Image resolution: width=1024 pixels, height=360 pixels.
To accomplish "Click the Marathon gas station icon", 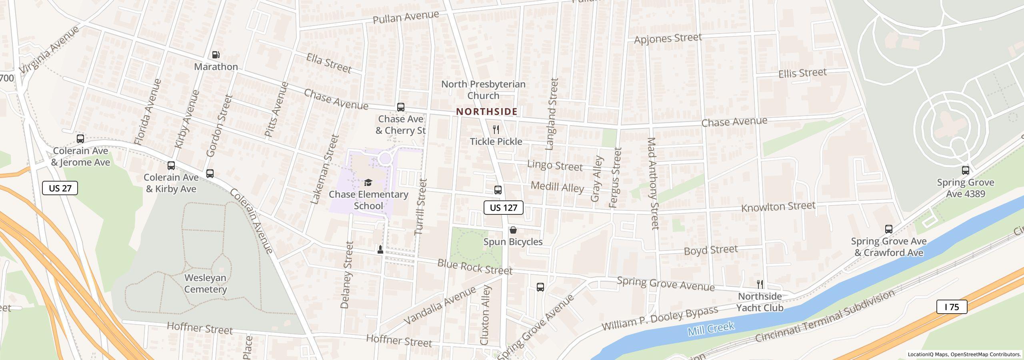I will click(216, 55).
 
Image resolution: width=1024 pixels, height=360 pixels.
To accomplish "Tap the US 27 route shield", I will click(60, 188).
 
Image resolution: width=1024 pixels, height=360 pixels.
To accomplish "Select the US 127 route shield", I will click(503, 208).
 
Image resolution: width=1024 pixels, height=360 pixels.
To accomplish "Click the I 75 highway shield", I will click(952, 307).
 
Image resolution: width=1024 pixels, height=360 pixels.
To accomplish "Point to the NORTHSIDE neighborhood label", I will click(487, 112).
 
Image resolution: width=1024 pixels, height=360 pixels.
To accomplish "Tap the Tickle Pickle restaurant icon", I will click(496, 130).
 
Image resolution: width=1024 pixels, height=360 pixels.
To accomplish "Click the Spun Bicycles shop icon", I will click(513, 230).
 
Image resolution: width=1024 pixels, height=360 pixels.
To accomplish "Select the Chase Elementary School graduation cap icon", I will click(368, 183).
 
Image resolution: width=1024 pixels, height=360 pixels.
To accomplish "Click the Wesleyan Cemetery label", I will click(206, 283).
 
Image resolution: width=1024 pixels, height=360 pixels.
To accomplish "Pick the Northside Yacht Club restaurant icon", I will click(760, 284).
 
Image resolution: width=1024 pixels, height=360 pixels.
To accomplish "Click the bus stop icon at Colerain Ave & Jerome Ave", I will click(80, 139).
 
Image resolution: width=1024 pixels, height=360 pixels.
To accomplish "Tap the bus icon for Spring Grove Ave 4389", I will click(965, 170).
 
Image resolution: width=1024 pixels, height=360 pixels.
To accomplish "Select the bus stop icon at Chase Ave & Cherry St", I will click(400, 107).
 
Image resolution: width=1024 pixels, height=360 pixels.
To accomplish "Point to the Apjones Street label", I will click(668, 38).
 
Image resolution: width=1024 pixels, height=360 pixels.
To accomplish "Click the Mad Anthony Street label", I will click(652, 184).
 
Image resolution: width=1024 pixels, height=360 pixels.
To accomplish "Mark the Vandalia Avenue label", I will click(440, 305).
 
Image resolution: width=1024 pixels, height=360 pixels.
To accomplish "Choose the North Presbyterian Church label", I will click(483, 90).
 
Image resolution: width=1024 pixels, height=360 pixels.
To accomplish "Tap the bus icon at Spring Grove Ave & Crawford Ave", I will click(888, 229).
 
